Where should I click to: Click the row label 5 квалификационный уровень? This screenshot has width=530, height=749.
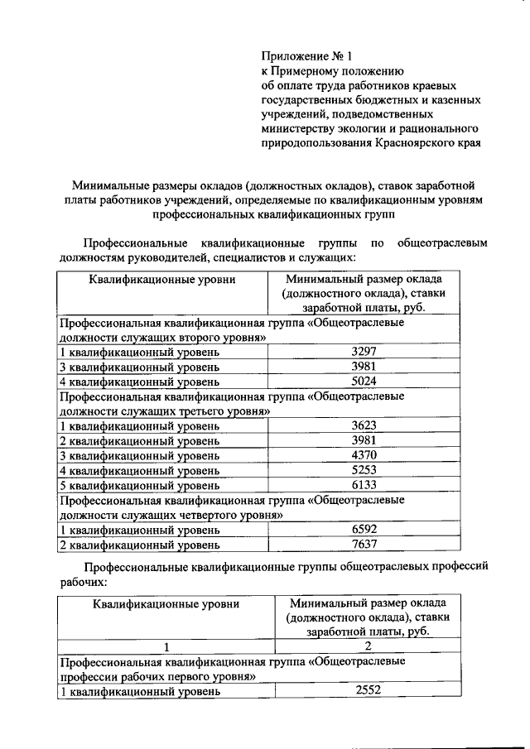pos(139,485)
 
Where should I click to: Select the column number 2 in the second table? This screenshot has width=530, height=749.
pos(367,646)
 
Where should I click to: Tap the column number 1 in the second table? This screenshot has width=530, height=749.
pos(166,646)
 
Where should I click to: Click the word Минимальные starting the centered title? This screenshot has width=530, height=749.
pos(109,185)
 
